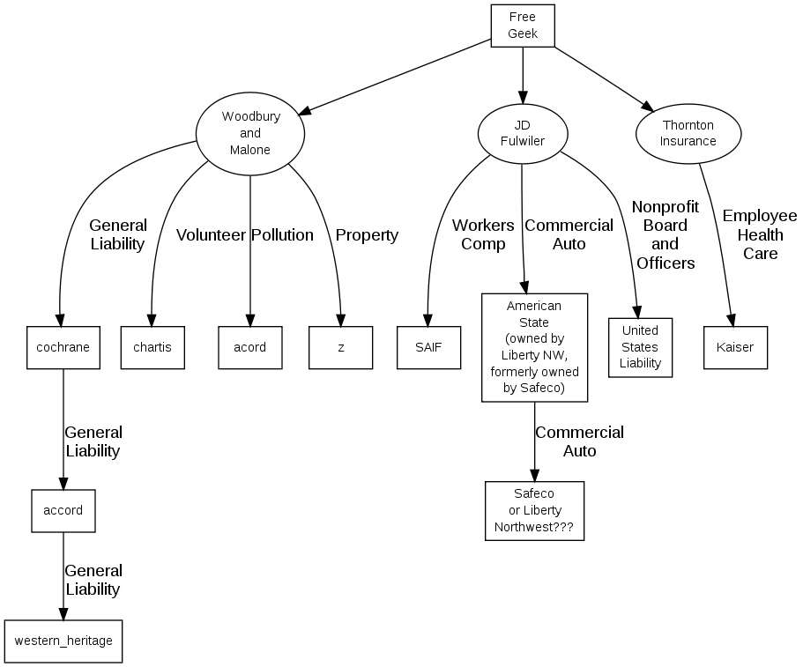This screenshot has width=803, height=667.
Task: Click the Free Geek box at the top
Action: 523,26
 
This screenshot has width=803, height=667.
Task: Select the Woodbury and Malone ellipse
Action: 250,133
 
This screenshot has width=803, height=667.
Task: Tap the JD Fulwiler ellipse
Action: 523,133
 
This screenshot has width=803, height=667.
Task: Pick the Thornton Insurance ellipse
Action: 688,133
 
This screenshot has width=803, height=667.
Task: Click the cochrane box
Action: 63,347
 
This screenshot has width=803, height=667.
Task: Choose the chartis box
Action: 152,347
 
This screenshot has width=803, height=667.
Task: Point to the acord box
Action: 250,347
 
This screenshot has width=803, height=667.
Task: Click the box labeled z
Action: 341,347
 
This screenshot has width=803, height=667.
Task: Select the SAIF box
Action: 428,347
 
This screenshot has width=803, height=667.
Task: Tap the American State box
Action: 534,347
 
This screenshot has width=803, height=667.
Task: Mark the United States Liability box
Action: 640,347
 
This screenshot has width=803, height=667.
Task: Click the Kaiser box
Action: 735,347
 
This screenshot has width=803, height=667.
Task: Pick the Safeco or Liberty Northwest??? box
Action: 534,510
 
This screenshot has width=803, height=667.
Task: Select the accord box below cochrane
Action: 63,510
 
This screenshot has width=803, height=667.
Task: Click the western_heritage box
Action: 63,641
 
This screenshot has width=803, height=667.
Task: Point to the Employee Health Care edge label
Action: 760,234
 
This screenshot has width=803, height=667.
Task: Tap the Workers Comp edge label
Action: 483,234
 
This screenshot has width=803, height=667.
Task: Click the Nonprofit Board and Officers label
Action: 665,234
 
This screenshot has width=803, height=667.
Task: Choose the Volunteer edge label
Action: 211,235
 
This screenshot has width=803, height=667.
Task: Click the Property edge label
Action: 367,235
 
